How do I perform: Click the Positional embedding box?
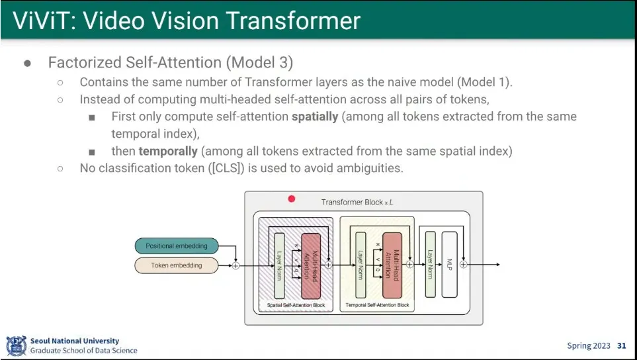point(177,246)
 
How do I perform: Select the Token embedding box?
point(177,265)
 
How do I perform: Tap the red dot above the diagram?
point(292,199)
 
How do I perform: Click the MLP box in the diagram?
point(449,265)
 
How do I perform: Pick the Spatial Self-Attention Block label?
point(296,305)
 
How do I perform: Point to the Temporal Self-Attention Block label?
point(378,305)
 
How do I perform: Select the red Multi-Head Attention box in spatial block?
point(311,265)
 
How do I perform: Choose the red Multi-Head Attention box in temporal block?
point(392,265)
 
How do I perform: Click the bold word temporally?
point(168,151)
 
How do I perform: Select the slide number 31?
point(621,345)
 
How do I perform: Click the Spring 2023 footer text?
point(589,345)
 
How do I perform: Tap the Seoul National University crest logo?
point(16,345)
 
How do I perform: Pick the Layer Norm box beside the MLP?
point(431,265)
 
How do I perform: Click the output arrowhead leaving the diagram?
point(497,265)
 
